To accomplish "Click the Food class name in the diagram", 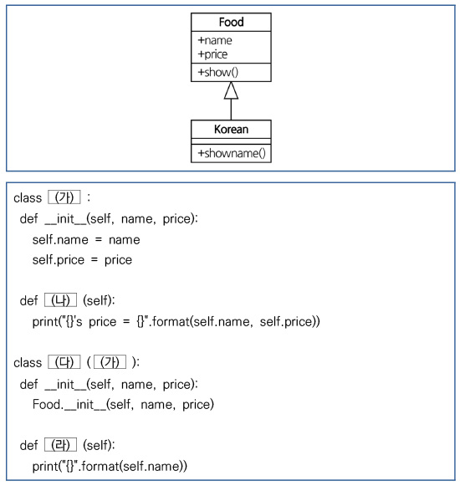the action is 231,22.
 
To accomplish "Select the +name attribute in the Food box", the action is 215,40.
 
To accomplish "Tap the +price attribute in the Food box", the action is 212,54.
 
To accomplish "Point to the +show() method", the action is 218,72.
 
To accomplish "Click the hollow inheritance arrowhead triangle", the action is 231,90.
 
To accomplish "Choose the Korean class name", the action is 231,130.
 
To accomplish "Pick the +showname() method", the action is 232,153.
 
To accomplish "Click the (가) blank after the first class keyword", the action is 64,197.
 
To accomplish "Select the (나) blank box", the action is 60,300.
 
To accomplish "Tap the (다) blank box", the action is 64,362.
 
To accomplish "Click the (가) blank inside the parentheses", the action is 110,362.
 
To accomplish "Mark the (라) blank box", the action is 60,445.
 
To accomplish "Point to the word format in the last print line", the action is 100,466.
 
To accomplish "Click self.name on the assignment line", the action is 60,240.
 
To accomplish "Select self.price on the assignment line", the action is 59,260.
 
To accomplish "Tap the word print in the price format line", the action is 45,322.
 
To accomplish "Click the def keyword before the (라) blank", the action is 28,445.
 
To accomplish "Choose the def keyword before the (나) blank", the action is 28,300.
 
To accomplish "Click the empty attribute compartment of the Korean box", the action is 231,141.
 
